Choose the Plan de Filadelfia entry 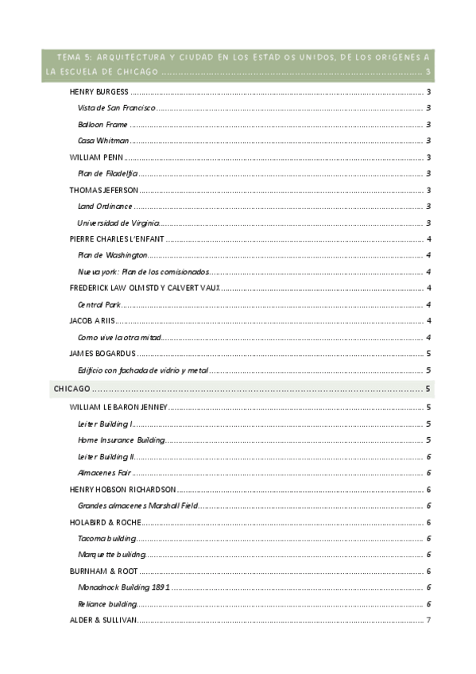(x=108, y=173)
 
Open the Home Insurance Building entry (x=122, y=440)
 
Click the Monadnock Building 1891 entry (x=124, y=587)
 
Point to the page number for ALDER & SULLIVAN (x=428, y=620)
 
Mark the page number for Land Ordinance (x=428, y=206)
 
